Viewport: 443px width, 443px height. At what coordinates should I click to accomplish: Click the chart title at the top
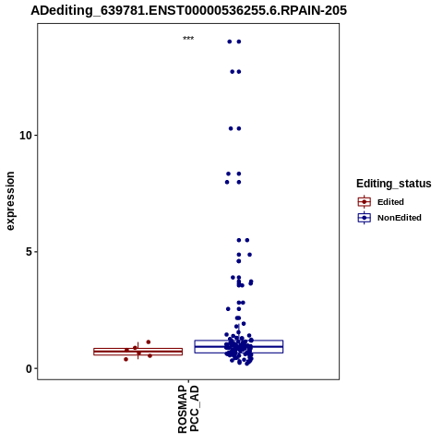[188, 10]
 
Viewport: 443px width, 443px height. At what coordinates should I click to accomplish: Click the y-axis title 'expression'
[10, 201]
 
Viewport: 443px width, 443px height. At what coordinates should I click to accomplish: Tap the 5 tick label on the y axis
[30, 252]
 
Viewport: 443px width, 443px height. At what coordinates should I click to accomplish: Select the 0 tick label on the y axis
[30, 368]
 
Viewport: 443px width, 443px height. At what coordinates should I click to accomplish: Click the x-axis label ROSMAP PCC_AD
[188, 409]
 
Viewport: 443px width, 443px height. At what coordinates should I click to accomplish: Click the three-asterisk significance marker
[188, 39]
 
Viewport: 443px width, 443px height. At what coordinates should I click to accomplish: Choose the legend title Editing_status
[394, 184]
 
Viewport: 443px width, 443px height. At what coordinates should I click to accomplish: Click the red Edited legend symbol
[365, 202]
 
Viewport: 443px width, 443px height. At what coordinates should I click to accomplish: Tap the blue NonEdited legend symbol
[365, 218]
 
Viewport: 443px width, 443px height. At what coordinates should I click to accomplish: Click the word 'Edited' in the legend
[390, 202]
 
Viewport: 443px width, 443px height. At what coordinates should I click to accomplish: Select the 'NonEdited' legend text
[400, 218]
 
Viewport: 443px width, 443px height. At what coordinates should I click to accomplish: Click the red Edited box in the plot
[138, 352]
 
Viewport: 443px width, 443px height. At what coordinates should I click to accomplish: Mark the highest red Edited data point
[149, 342]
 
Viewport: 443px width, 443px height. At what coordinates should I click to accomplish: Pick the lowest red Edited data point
[126, 359]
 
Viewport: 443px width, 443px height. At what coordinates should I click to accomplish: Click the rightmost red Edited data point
[150, 356]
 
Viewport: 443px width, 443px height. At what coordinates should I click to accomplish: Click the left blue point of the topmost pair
[230, 42]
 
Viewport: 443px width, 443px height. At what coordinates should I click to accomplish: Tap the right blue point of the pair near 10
[239, 128]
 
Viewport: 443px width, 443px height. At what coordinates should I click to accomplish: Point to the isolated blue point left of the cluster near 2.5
[228, 309]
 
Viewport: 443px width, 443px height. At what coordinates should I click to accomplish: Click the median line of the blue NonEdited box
[239, 346]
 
